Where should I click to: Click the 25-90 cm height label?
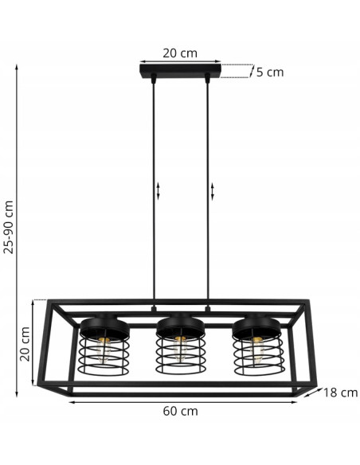coord(9,226)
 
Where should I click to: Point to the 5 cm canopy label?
coord(269,72)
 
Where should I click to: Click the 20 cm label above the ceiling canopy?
coord(180,53)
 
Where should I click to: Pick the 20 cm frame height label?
coord(25,342)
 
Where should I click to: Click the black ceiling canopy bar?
coord(180,74)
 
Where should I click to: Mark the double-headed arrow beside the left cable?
coord(158,191)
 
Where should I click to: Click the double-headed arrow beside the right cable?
coord(213,191)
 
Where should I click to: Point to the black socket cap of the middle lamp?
coord(180,324)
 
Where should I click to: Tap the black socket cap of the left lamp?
coord(101,324)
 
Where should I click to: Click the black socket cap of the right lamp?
coord(256,324)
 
